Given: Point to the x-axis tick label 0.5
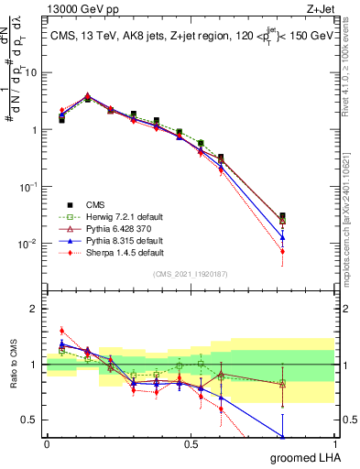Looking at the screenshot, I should [191, 443].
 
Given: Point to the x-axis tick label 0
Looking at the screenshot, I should [47, 443].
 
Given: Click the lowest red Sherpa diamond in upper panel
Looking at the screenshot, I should [282, 251].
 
